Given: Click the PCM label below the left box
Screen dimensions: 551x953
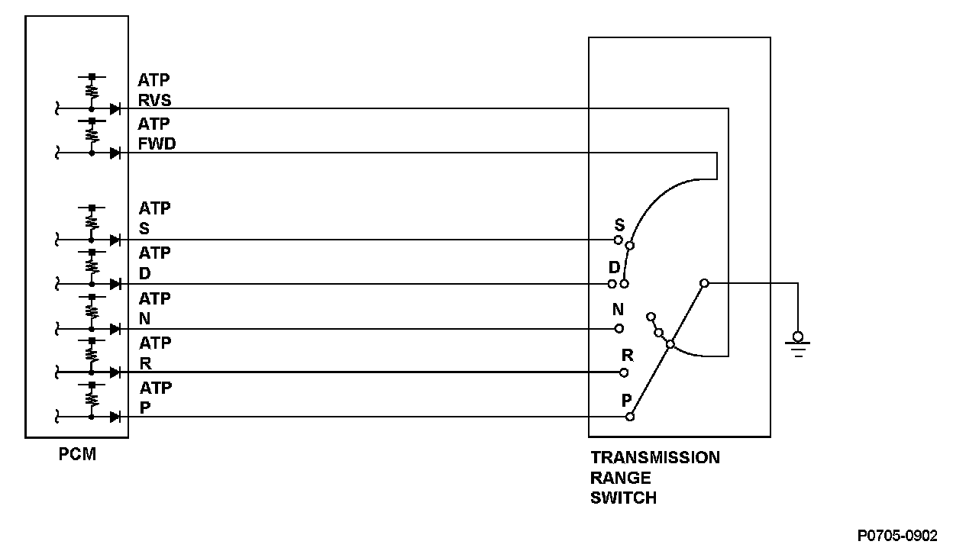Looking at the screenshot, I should (78, 456).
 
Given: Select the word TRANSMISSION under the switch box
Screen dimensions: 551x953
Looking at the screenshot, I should (654, 458).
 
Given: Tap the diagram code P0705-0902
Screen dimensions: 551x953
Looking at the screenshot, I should (896, 536).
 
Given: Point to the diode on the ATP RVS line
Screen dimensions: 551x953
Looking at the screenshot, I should (115, 109).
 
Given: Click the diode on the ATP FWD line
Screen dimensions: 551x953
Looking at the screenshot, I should (115, 153).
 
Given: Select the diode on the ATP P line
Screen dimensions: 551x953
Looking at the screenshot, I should (115, 417).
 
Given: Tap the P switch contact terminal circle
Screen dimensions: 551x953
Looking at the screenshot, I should (630, 417).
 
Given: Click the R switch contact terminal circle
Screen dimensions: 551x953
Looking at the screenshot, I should (624, 372).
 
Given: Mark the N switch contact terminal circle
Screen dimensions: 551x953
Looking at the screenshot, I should (619, 329).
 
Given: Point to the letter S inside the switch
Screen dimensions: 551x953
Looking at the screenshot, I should (619, 225).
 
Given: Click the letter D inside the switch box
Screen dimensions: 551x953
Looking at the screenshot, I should (614, 268).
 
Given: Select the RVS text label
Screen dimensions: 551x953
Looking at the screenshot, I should (155, 100).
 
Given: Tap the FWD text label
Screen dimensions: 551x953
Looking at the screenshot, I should (157, 144).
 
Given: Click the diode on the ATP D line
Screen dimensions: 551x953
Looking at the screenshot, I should (115, 284).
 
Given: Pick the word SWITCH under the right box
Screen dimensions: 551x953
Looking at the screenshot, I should (623, 498).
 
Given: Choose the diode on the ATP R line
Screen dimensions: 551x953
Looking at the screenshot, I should (115, 372).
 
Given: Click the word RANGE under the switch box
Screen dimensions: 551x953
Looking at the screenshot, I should (620, 478).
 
